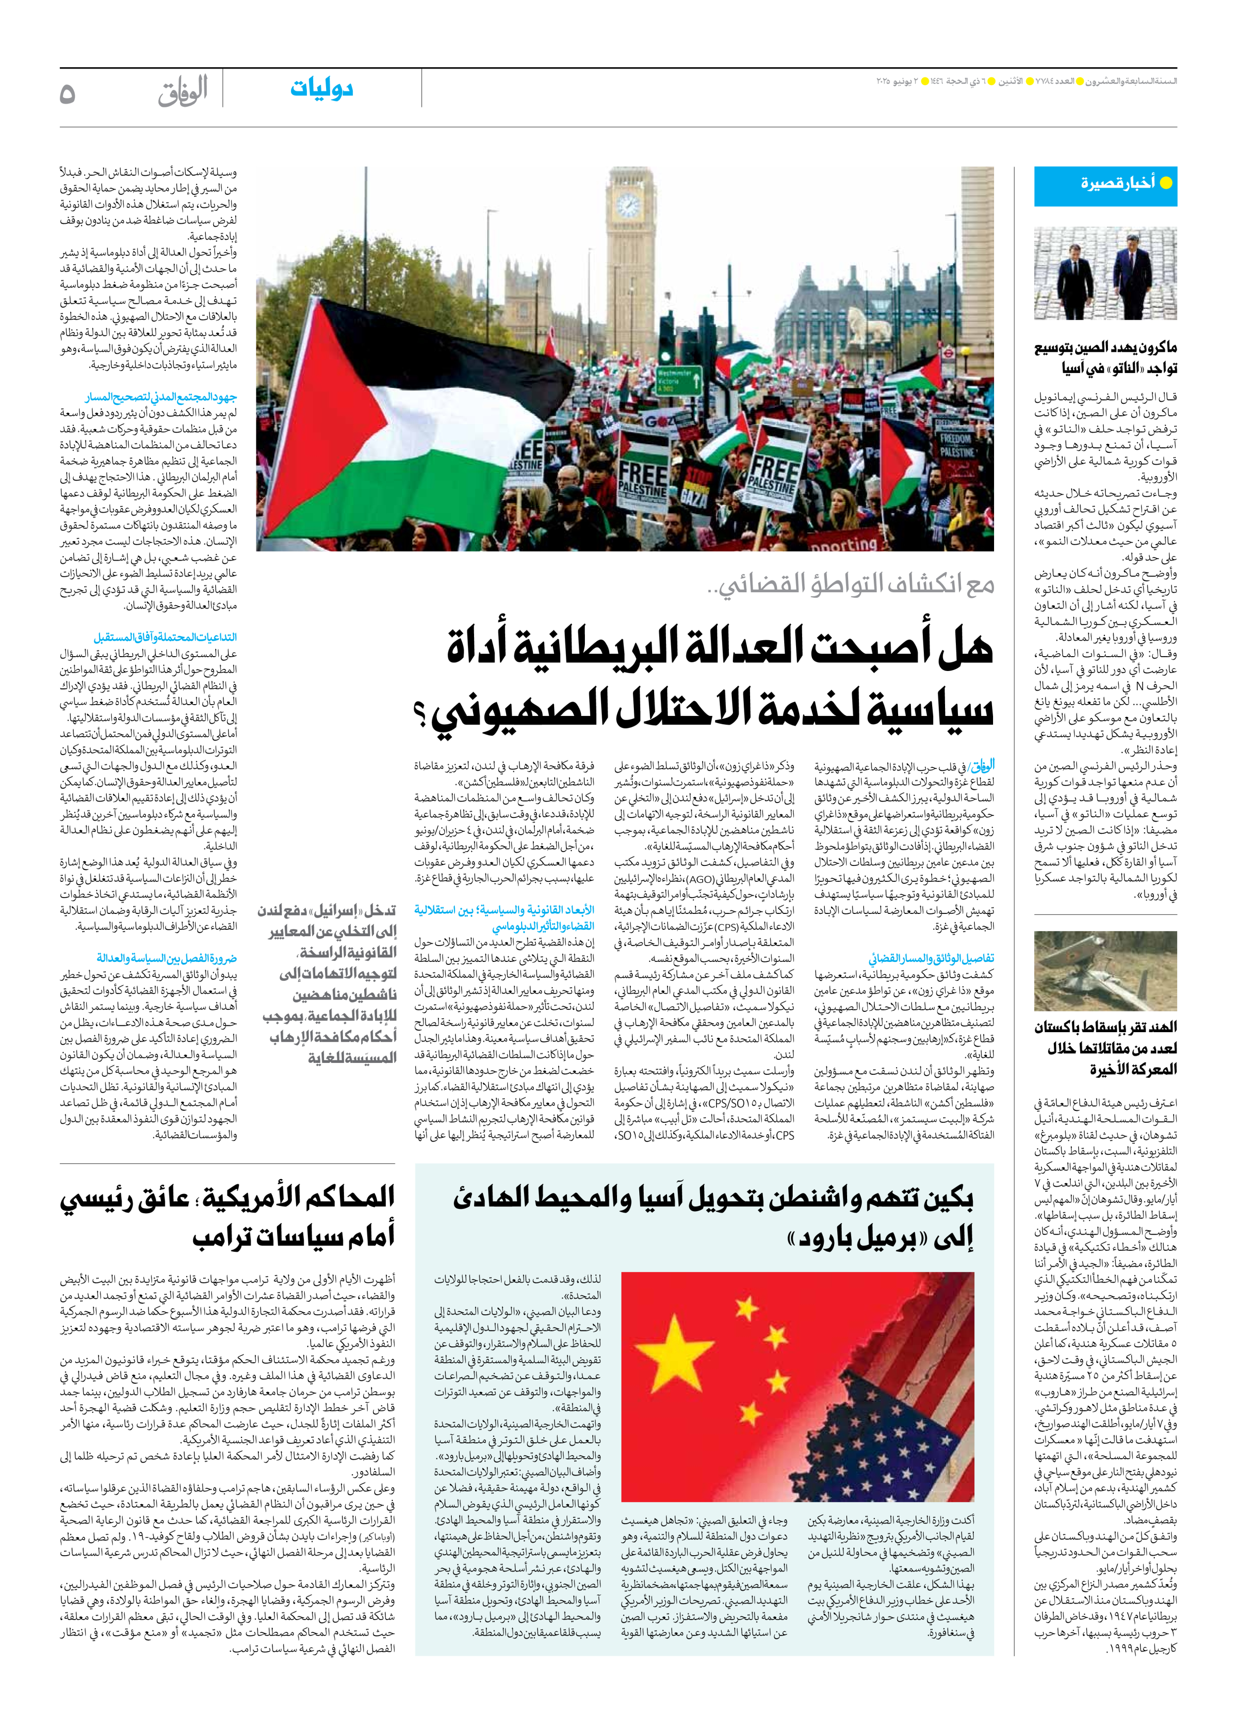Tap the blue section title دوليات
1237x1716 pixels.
click(x=322, y=89)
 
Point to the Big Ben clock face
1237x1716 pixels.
click(x=627, y=204)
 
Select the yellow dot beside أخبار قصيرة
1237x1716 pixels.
click(x=1166, y=183)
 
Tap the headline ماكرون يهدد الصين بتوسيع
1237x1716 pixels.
click(x=1105, y=348)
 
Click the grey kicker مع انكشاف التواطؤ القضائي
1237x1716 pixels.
click(x=855, y=583)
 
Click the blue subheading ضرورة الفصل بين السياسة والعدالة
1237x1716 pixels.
click(x=166, y=958)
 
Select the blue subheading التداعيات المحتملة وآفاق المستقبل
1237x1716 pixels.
click(x=165, y=637)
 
